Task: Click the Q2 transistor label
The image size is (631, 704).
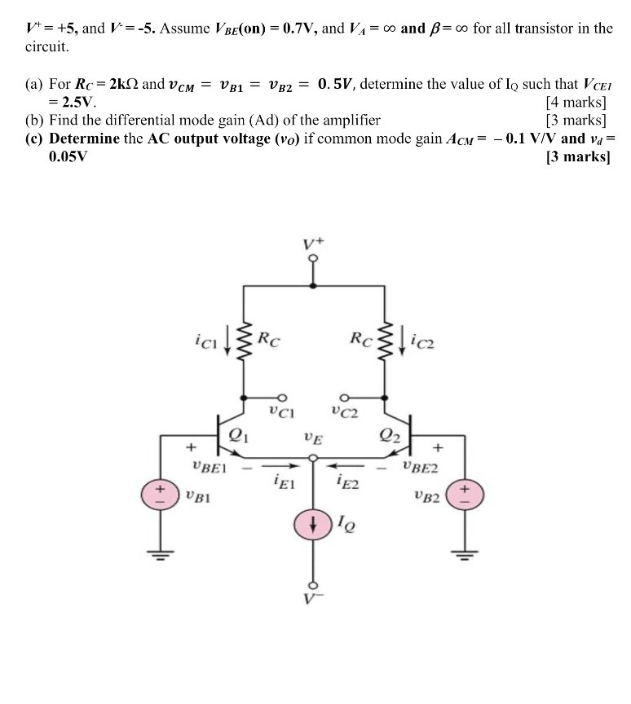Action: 390,433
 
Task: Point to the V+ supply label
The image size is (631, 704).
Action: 313,244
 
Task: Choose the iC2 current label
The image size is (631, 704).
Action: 425,336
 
